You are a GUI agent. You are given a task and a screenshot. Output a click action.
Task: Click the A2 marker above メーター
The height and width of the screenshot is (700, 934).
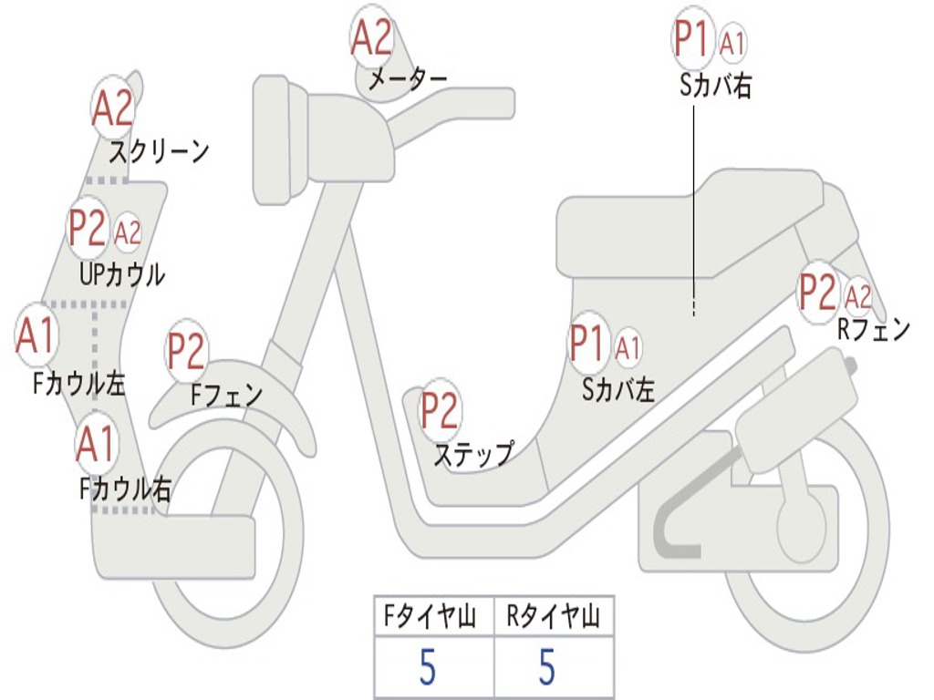click(x=372, y=39)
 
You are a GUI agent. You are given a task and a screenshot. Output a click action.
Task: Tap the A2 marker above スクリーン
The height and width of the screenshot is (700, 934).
click(x=113, y=108)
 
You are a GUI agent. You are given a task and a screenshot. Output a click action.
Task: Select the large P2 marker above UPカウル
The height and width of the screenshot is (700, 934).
click(x=88, y=229)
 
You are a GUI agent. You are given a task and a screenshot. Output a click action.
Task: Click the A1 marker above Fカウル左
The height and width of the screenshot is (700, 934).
click(x=36, y=335)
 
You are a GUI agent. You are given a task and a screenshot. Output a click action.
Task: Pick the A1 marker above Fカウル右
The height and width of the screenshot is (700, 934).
click(x=96, y=444)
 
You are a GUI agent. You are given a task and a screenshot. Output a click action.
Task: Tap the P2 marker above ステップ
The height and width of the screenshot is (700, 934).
click(x=440, y=411)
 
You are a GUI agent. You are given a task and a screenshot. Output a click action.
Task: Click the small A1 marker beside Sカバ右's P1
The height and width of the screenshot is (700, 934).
click(x=733, y=42)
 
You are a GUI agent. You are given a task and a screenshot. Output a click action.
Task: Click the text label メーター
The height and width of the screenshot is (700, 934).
click(x=407, y=80)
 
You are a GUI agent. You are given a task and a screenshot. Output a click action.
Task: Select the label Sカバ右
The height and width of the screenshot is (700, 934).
click(x=716, y=87)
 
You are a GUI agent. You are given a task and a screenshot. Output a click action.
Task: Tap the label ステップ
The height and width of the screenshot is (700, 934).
click(x=472, y=454)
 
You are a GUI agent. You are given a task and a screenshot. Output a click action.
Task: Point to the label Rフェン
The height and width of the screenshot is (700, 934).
click(x=873, y=329)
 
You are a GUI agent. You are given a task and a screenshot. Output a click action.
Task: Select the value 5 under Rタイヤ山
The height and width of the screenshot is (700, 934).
click(x=547, y=668)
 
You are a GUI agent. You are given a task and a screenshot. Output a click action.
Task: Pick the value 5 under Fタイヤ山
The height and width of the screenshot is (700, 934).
click(x=427, y=668)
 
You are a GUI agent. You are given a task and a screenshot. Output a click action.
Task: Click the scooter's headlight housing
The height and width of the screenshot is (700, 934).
click(x=274, y=139)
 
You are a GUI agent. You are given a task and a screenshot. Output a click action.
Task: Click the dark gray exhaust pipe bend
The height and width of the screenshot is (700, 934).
click(x=670, y=529)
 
